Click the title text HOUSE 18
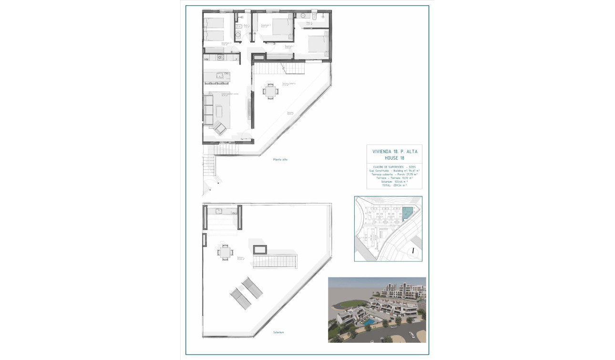[x=394, y=157]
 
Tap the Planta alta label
[x=280, y=159]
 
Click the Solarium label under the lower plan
[x=279, y=332]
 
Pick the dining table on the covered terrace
[x=270, y=91]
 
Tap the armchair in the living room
[x=220, y=128]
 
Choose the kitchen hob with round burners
[x=221, y=58]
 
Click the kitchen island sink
[x=219, y=75]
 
